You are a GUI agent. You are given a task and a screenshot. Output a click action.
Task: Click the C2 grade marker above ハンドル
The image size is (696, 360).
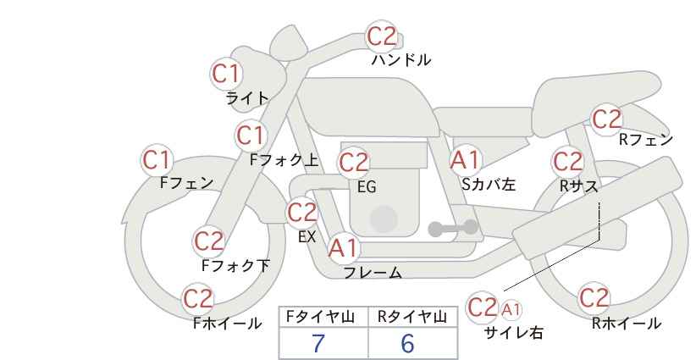point(382,36)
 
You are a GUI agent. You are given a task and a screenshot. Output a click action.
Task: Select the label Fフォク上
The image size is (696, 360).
point(284,160)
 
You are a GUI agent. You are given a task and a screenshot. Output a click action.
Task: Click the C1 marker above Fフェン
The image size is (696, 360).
point(157,160)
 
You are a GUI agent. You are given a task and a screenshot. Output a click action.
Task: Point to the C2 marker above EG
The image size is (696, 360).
point(354,163)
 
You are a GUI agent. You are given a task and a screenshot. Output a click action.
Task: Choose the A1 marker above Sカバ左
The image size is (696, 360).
point(465,160)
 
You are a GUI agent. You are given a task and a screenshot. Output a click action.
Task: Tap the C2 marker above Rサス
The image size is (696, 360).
point(567,161)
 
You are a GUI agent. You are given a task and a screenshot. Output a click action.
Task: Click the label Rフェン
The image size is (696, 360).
point(646,140)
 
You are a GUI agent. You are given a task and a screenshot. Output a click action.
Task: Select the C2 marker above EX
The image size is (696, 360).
point(302,213)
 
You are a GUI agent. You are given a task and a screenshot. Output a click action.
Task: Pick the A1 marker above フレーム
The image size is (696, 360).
point(343,248)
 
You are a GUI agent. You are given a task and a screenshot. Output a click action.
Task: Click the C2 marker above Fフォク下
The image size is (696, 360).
point(208,241)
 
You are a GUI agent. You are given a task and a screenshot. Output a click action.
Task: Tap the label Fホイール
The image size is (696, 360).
point(227,324)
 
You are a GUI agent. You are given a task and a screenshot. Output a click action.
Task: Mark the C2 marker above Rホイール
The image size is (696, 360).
point(594,298)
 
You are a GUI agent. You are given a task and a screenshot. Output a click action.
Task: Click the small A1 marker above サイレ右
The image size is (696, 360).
point(511,309)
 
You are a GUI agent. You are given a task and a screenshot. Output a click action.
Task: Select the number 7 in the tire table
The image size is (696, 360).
point(318,343)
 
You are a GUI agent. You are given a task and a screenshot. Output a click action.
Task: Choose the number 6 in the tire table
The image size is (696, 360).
point(407,343)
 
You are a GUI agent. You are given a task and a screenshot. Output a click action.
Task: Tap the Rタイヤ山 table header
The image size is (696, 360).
point(412,317)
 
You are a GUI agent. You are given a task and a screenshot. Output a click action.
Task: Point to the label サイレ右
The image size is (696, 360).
point(514,333)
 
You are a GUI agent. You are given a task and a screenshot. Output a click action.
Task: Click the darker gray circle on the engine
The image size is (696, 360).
point(384,219)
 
